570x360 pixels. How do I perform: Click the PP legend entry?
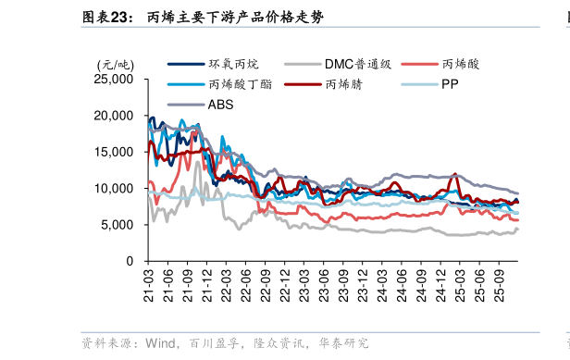pyautogui.click(x=448, y=84)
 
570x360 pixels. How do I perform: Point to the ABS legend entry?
pyautogui.click(x=220, y=104)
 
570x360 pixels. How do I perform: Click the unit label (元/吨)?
pyautogui.click(x=116, y=64)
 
